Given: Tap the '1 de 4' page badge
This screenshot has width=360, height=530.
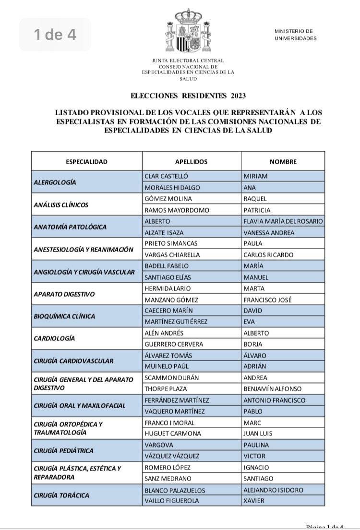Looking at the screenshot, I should tap(55, 35).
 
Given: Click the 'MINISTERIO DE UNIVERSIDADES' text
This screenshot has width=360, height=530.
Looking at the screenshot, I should tap(295, 35).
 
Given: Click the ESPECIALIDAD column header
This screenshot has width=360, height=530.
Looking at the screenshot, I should tap(86, 162).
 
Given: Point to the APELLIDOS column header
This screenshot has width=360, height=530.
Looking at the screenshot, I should tap(191, 162).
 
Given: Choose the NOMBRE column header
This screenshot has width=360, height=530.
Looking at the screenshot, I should tap(283, 162).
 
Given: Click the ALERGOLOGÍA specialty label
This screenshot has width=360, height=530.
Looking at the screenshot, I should tap(55, 182).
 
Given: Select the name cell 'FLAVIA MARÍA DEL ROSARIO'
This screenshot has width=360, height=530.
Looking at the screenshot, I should tap(283, 221).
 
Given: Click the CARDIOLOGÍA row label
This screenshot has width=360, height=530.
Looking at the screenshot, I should tap(55, 338).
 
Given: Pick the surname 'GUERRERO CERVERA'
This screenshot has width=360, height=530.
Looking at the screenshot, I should tap(173, 344).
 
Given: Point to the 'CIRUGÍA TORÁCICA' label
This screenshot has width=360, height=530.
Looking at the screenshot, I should tap(61, 495).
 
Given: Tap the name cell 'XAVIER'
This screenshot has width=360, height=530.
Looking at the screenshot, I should tap(255, 501).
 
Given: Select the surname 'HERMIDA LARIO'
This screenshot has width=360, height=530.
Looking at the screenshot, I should tap(167, 289).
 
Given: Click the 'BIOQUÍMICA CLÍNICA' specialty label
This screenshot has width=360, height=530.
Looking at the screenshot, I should tap(64, 316).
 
